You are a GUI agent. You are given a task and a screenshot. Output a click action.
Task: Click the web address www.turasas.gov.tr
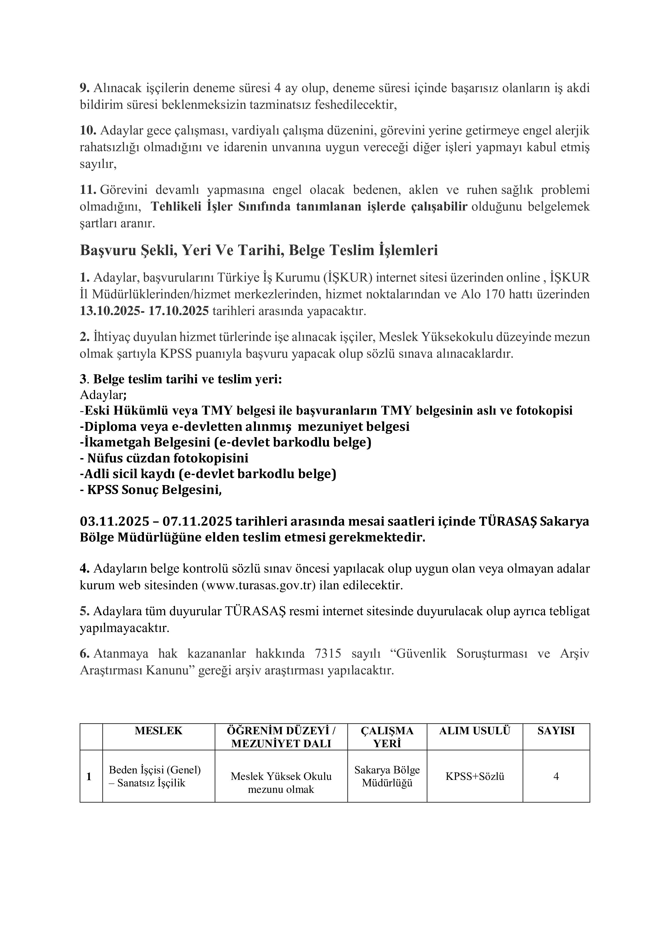[258, 585]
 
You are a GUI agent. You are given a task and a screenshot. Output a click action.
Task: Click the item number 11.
[88, 190]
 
